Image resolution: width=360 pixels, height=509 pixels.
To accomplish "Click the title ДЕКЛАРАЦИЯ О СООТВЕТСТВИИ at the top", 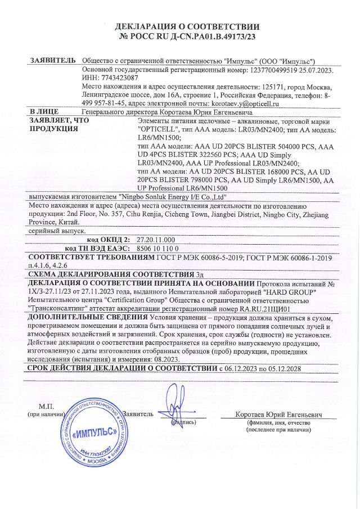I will pyautogui.click(x=187, y=26).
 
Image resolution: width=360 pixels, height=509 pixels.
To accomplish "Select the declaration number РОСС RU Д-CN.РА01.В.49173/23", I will pyautogui.click(x=193, y=37).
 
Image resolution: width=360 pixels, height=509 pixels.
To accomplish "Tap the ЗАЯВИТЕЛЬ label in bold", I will pyautogui.click(x=51, y=61).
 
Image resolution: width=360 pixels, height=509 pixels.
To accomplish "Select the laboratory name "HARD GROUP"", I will pyautogui.click(x=292, y=293).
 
